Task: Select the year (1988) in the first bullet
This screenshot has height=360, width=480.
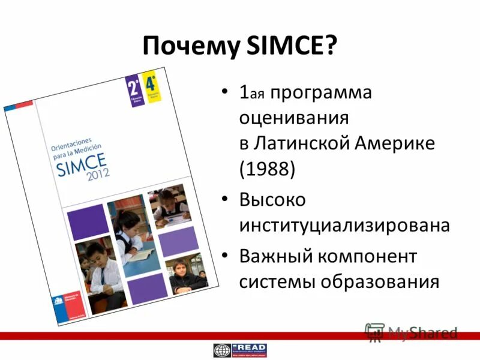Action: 267,169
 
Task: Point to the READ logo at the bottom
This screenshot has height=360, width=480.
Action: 240,350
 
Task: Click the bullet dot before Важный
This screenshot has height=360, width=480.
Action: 224,256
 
